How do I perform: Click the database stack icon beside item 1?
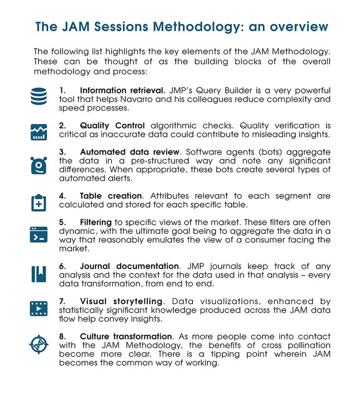(38, 96)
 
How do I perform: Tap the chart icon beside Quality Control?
(38, 131)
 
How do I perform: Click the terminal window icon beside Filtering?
(38, 234)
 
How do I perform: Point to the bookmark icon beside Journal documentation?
(38, 273)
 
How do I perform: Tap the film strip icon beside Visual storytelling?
(38, 308)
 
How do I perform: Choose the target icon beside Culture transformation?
(38, 344)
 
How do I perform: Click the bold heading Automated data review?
(126, 152)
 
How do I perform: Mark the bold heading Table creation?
(111, 196)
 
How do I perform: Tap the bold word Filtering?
(96, 223)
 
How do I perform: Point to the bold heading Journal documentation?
(129, 266)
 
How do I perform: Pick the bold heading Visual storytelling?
(121, 301)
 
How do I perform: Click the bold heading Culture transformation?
(126, 336)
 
